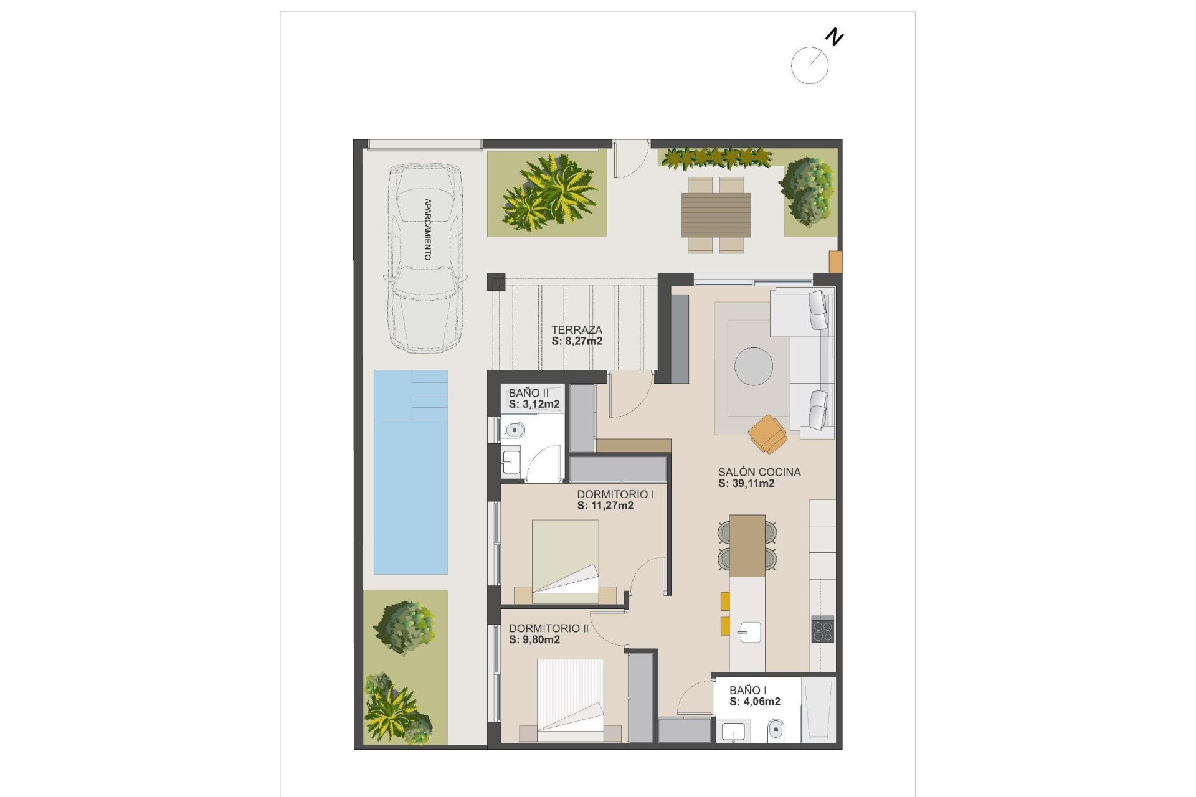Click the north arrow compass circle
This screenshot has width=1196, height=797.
809,65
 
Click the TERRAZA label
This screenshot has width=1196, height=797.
577,330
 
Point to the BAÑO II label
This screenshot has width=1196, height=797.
528,393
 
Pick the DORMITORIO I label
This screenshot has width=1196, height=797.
615,494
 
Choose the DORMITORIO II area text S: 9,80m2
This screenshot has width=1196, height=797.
534,639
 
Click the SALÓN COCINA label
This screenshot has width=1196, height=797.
759,472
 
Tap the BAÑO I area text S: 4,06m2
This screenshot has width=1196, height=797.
755,702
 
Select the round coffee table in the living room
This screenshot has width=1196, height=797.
753,366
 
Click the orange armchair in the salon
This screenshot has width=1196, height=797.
769,434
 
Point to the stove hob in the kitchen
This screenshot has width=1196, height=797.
822,628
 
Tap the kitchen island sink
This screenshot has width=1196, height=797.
748,632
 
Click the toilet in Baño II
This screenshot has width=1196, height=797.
513,430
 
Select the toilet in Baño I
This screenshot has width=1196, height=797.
776,728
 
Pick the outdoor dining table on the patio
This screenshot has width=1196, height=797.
716,215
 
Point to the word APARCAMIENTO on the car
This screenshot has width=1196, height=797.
427,229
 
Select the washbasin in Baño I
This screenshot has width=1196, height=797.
733,731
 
